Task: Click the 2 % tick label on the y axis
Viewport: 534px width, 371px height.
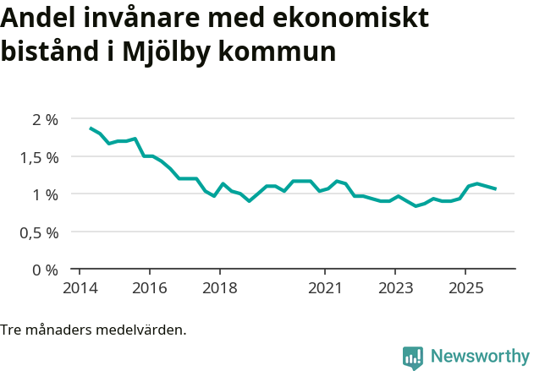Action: pyautogui.click(x=44, y=120)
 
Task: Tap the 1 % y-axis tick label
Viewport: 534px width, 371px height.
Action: pyautogui.click(x=44, y=194)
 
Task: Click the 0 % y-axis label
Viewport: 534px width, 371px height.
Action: pyautogui.click(x=44, y=270)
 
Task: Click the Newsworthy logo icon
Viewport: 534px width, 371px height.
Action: pyautogui.click(x=413, y=357)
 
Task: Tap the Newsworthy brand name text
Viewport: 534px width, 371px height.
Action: pyautogui.click(x=479, y=357)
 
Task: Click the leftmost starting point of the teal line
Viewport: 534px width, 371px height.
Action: pyautogui.click(x=91, y=128)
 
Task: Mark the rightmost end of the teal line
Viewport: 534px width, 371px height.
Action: pyautogui.click(x=496, y=188)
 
